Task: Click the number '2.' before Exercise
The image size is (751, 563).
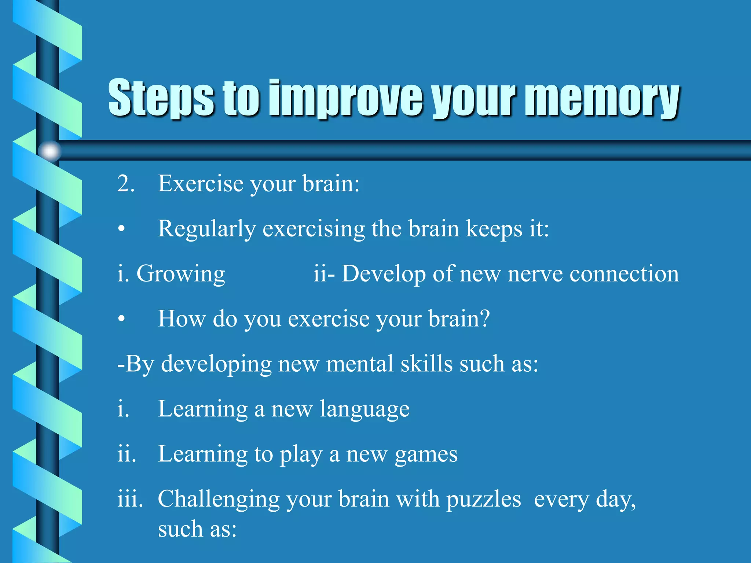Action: [x=126, y=183]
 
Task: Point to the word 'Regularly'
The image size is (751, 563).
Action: [x=206, y=229]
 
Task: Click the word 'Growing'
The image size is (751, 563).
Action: [x=180, y=274]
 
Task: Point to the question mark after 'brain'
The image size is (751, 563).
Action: [x=485, y=319]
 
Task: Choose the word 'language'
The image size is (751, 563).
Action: [x=364, y=409]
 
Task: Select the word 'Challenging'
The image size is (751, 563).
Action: [x=219, y=500]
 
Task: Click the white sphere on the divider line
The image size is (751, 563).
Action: [x=50, y=151]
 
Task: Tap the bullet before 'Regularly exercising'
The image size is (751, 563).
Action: [x=122, y=229]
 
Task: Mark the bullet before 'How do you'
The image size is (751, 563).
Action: [x=122, y=319]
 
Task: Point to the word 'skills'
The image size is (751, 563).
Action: [x=426, y=364]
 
